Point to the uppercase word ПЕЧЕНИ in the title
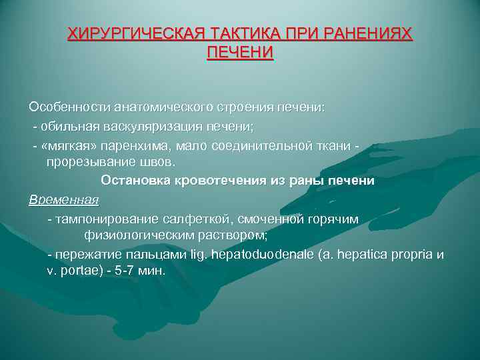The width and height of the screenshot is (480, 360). pyautogui.click(x=240, y=52)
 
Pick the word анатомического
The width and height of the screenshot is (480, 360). pyautogui.click(x=145, y=107)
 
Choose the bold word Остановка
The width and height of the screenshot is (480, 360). pyautogui.click(x=135, y=181)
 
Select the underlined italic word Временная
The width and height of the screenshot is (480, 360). pyautogui.click(x=63, y=199)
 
